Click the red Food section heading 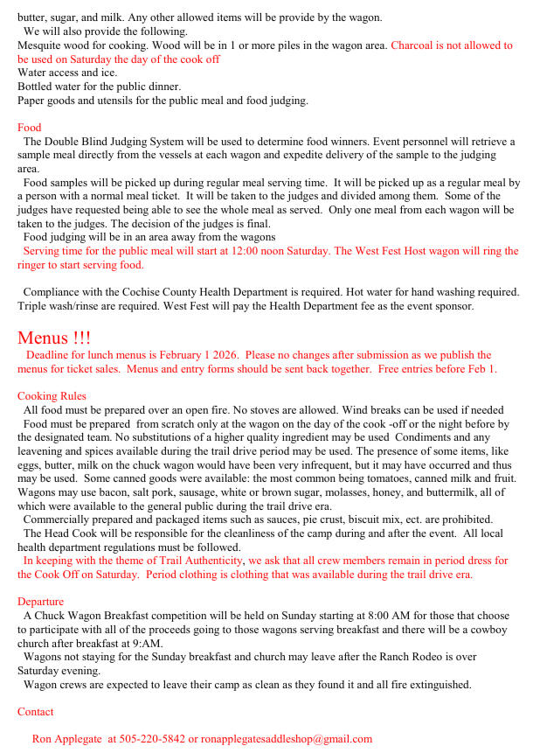[x=29, y=128]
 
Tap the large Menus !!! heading [x=53, y=338]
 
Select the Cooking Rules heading [x=52, y=396]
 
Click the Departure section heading [x=40, y=602]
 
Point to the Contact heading [x=35, y=712]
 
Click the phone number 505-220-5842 [x=152, y=739]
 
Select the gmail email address [x=287, y=739]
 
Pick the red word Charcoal [x=414, y=45]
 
